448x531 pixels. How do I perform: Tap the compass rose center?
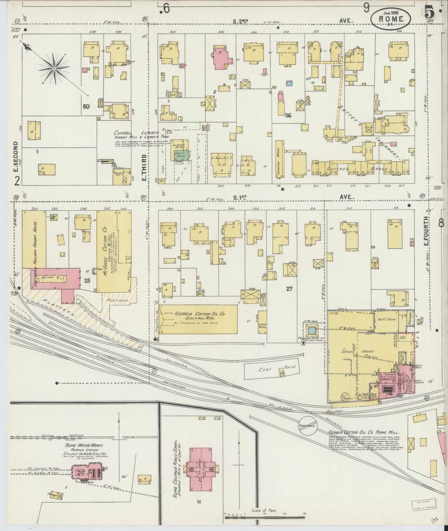54,68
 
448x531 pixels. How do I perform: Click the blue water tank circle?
312,330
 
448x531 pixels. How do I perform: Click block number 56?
288,116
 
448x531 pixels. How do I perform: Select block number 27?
289,289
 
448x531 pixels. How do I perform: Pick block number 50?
86,106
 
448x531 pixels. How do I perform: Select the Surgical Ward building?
279,159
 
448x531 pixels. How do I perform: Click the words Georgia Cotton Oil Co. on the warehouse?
200,314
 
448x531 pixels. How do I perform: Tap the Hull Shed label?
387,319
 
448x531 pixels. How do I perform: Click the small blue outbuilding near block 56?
289,83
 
